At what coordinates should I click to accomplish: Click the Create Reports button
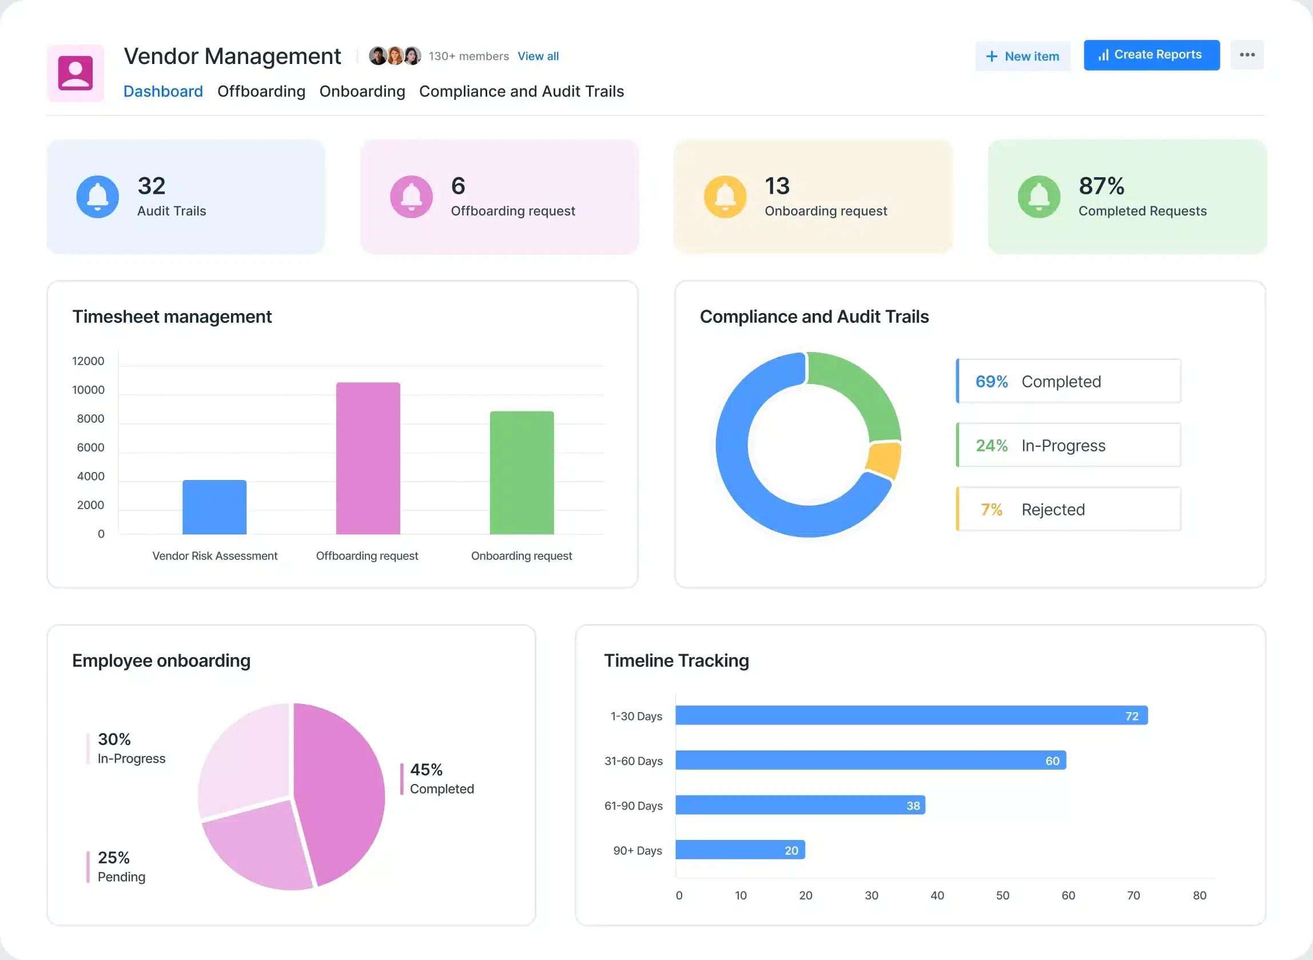coord(1151,55)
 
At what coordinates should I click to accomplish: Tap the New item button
coord(1022,57)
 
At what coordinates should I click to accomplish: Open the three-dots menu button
coord(1247,55)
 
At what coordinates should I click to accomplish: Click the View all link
coord(538,57)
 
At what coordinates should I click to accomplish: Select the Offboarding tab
coord(261,91)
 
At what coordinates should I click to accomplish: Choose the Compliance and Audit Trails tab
coord(521,91)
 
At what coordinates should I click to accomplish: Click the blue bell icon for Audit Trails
coord(98,197)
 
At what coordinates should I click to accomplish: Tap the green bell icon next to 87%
coord(1039,197)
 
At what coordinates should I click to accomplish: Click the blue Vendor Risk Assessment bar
coord(214,507)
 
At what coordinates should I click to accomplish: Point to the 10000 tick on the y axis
coord(89,390)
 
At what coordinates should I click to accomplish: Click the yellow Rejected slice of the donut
coord(883,459)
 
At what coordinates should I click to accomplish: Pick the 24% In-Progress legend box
coord(1068,445)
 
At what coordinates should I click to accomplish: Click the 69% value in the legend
coord(991,382)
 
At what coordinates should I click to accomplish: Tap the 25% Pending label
coord(121,866)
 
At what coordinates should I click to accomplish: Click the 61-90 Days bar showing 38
coord(799,805)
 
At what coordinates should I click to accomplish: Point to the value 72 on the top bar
coord(1131,716)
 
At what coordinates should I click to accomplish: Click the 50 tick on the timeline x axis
coord(1002,895)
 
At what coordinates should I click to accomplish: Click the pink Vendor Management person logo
coord(75,73)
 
